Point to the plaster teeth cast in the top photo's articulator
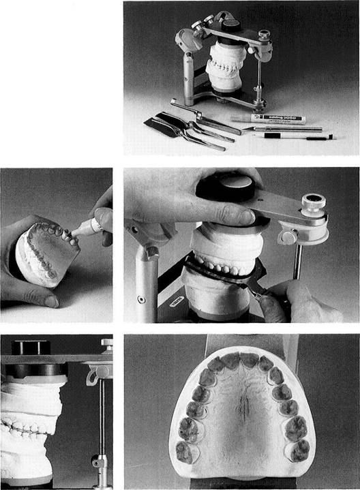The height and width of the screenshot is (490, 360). point(221,67)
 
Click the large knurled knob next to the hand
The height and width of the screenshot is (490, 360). point(314,204)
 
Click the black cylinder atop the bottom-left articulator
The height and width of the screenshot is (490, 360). point(30,347)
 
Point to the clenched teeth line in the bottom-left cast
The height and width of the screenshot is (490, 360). point(27,429)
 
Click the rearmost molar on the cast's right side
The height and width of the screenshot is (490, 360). point(299,450)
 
